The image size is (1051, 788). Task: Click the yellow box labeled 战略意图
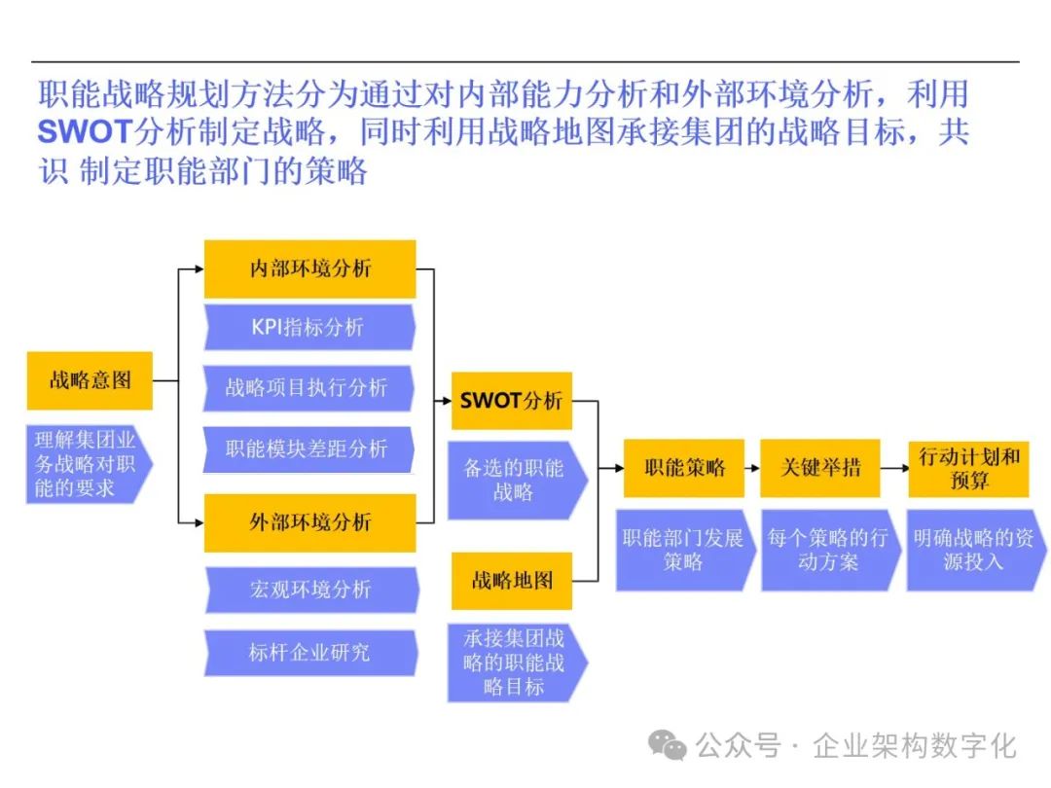click(90, 380)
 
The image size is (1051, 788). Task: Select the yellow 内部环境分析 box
click(309, 269)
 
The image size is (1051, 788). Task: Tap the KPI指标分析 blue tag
click(309, 327)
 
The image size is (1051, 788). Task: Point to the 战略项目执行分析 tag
click(309, 388)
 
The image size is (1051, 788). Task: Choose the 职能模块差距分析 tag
click(309, 448)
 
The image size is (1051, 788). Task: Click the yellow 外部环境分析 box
click(309, 522)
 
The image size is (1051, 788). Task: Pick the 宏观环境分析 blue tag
click(309, 590)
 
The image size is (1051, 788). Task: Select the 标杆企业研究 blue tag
click(309, 652)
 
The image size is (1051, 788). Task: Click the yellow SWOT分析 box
click(511, 401)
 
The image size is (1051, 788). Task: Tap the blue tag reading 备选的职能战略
click(515, 480)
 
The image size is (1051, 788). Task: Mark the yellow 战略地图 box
click(511, 581)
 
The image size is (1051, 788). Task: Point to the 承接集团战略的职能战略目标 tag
click(515, 663)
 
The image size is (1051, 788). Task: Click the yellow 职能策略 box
click(684, 468)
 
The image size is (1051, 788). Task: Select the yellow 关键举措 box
click(820, 468)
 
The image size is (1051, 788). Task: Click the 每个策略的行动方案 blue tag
click(828, 550)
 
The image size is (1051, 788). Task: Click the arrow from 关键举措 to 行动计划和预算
click(892, 468)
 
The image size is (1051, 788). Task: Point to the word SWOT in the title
click(87, 131)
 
